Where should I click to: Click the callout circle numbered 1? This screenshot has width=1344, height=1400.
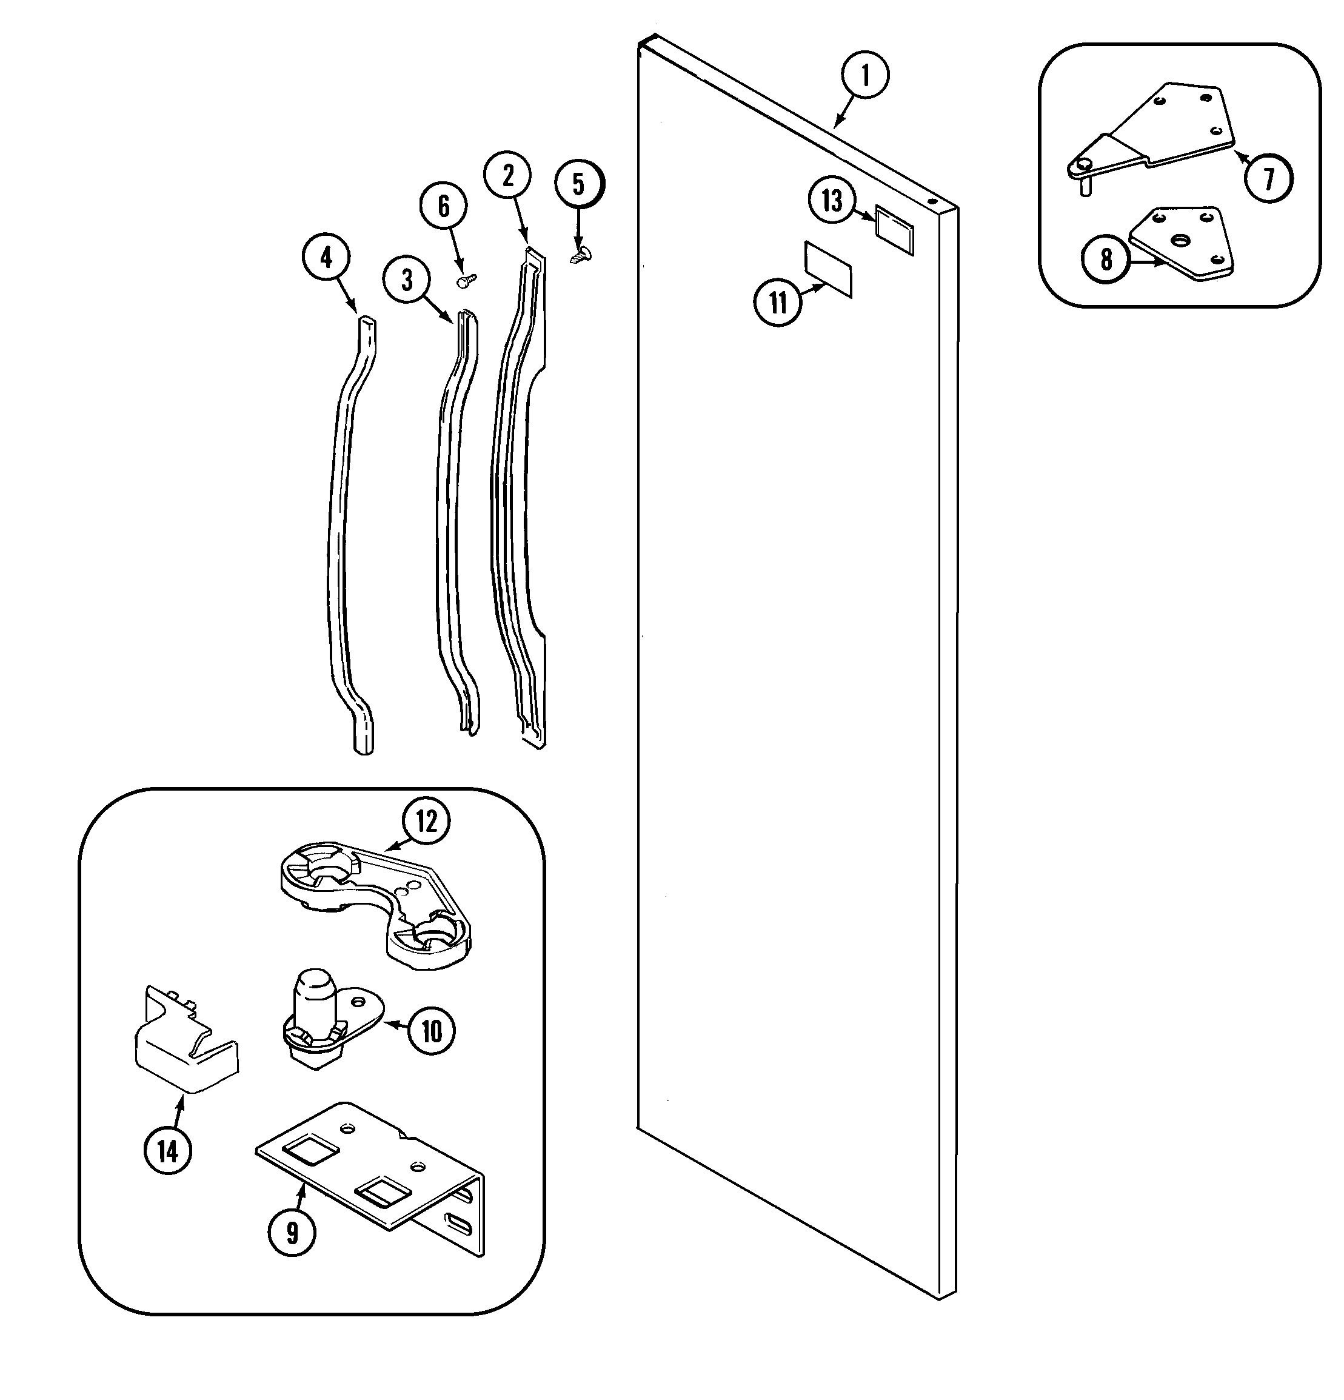[865, 75]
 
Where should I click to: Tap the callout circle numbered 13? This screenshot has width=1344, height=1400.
[832, 201]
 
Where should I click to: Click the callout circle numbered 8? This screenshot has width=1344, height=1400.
[1106, 260]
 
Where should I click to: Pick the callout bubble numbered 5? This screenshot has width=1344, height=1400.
[578, 184]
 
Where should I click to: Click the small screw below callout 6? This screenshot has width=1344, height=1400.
[466, 281]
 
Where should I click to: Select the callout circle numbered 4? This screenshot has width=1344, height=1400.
[326, 258]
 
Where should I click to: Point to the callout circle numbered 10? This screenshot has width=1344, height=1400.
[432, 1031]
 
